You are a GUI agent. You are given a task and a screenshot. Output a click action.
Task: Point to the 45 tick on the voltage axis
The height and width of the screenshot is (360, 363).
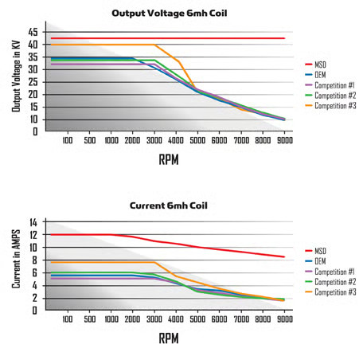(33, 33)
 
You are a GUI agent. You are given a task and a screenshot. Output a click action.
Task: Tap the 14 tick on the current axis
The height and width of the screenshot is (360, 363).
(33, 222)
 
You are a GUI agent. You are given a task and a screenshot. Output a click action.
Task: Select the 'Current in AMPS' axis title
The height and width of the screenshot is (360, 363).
(15, 265)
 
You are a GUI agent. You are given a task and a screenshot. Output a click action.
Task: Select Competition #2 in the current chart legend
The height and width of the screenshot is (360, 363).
(335, 282)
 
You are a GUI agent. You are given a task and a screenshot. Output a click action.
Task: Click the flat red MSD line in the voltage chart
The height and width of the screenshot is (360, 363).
(159, 38)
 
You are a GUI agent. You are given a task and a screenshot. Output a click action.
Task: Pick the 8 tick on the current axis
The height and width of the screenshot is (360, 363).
(34, 260)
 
